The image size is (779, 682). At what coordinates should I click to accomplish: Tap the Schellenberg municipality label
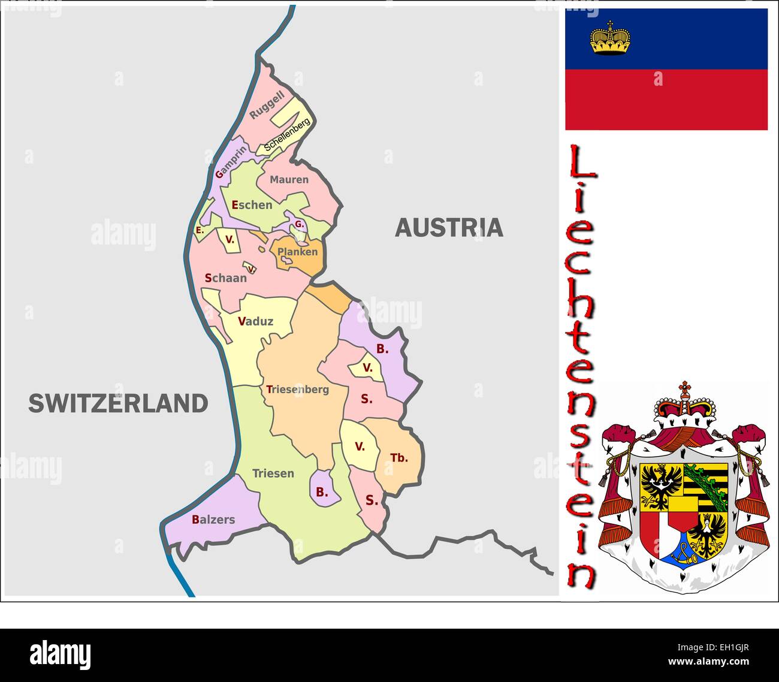pyautogui.click(x=287, y=135)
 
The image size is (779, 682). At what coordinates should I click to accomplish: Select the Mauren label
pyautogui.click(x=289, y=179)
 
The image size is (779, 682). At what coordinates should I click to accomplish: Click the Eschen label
pyautogui.click(x=252, y=205)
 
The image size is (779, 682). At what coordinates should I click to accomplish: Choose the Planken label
pyautogui.click(x=297, y=252)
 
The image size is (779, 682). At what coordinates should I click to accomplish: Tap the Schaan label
pyautogui.click(x=225, y=278)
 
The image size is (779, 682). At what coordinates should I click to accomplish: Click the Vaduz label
pyautogui.click(x=255, y=321)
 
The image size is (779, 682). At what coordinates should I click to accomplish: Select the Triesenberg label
pyautogui.click(x=297, y=390)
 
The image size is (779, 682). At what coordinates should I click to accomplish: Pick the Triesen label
pyautogui.click(x=273, y=473)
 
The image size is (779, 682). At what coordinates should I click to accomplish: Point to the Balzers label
pyautogui.click(x=213, y=520)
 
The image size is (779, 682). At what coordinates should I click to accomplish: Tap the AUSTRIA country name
pyautogui.click(x=449, y=228)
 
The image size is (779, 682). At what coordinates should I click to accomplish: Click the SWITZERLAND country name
pyautogui.click(x=118, y=403)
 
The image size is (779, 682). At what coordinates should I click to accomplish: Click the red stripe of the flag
pyautogui.click(x=666, y=99)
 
